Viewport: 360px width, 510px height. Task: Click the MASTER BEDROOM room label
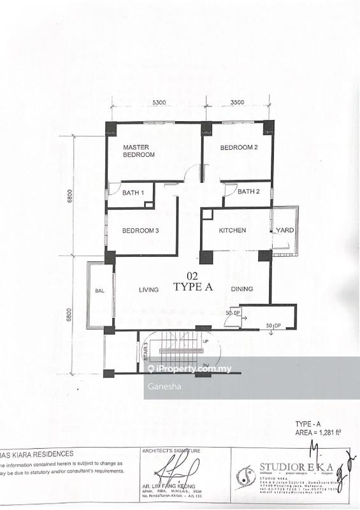click(139, 150)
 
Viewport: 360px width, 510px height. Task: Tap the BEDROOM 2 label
click(238, 148)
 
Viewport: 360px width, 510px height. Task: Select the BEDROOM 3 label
click(140, 231)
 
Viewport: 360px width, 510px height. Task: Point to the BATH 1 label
click(134, 193)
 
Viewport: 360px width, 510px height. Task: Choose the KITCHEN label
click(233, 230)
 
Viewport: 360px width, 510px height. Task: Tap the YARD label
click(285, 230)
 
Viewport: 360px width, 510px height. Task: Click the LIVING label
click(149, 289)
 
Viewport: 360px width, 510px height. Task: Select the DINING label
click(242, 289)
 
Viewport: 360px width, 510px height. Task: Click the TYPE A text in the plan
click(193, 288)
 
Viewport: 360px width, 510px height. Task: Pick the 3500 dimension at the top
click(238, 103)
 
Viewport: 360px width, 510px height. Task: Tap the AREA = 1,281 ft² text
click(318, 432)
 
